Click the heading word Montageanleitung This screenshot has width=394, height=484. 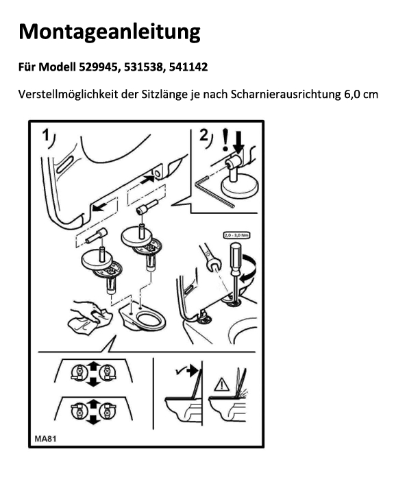coord(110,32)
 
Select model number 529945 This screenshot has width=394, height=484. coord(99,67)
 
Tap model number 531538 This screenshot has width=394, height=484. coord(143,67)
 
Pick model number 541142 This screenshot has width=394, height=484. coord(188,67)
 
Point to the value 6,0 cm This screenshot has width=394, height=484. coord(361,94)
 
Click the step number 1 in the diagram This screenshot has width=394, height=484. coord(46,136)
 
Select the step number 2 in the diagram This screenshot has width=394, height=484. coord(204,135)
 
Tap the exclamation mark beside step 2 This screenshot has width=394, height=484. coord(226,140)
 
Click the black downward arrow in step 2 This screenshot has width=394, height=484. coord(239,142)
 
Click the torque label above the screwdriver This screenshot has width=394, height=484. coord(236,235)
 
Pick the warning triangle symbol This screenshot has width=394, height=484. coord(221,385)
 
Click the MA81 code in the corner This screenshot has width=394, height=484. coord(45,438)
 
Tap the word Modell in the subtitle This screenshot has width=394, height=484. coord(57,67)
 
